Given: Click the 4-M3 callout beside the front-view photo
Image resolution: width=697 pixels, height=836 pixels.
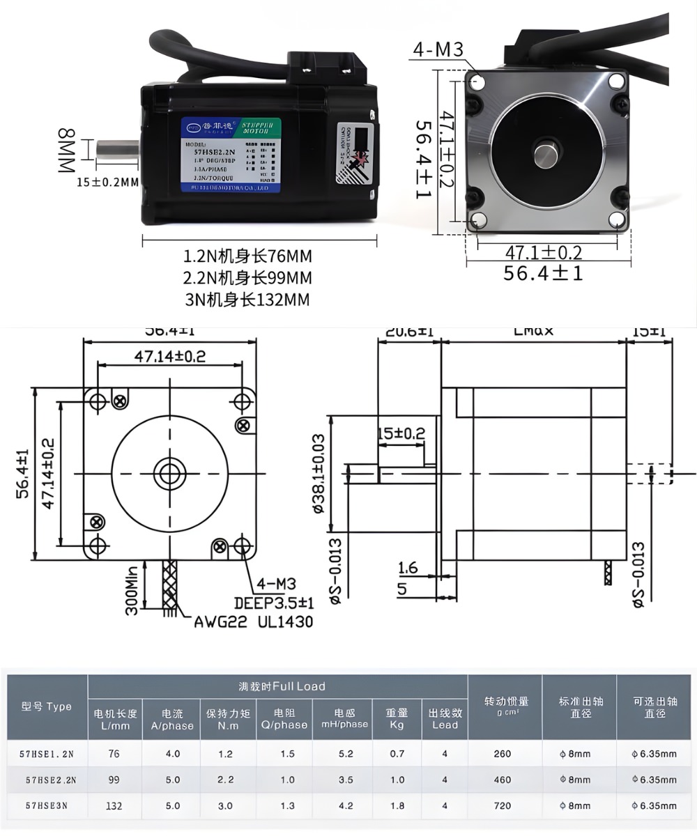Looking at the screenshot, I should (438, 49).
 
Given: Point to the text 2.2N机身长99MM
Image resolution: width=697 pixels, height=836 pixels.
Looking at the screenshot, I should (247, 278).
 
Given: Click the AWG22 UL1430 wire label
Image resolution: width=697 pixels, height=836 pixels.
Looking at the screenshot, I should (253, 621).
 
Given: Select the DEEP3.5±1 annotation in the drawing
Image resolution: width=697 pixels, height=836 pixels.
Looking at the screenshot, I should (273, 602).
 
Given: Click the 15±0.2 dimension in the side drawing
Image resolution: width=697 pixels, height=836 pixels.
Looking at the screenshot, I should (401, 434).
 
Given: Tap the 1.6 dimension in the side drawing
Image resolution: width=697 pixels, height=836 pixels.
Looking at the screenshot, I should (408, 568).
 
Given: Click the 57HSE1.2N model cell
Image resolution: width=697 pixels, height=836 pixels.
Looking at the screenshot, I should (49, 753).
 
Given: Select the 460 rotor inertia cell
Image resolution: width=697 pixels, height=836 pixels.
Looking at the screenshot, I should (502, 780).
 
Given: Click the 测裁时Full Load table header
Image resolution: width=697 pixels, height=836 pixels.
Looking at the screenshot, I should (278, 686).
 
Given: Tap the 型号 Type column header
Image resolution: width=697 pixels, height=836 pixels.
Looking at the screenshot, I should (47, 706).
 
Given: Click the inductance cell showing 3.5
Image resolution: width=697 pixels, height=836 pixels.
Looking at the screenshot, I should (346, 780).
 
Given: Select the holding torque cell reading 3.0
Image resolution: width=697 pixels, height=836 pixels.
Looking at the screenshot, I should (225, 805).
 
